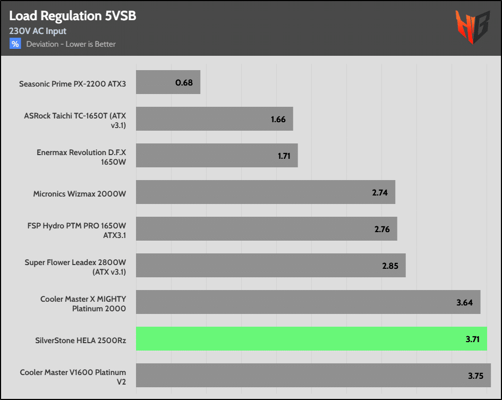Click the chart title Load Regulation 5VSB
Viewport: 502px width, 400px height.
(73, 16)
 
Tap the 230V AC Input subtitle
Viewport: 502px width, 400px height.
(38, 31)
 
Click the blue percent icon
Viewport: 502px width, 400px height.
(15, 44)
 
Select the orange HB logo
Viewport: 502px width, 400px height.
(472, 27)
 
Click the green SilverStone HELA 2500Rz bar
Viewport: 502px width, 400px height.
(311, 338)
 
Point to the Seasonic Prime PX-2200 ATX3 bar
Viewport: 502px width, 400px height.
(168, 82)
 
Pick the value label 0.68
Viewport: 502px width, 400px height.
(184, 83)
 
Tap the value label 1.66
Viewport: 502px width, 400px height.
(278, 119)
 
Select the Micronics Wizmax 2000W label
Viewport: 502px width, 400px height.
(80, 194)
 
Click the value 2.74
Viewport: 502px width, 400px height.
(380, 192)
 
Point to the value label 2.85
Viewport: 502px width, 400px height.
(390, 266)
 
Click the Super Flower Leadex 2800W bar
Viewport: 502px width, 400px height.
(270, 265)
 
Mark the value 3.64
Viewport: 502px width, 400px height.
(465, 302)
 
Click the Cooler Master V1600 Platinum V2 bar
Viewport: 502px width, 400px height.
(313, 375)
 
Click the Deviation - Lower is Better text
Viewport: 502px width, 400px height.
(71, 44)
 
